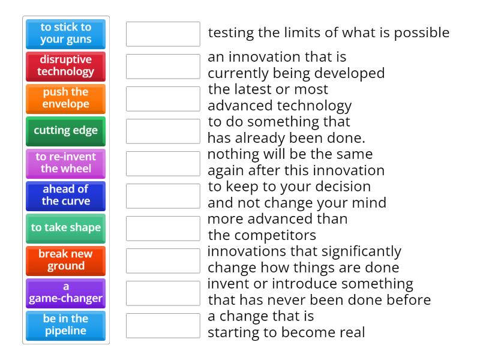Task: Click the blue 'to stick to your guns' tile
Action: (x=66, y=34)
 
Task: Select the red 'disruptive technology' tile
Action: (x=66, y=66)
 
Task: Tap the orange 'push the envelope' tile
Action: (x=66, y=98)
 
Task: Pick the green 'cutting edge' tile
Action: (x=66, y=131)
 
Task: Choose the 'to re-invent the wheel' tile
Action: (x=66, y=163)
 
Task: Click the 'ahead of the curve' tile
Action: (x=66, y=196)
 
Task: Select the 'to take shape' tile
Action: (x=66, y=228)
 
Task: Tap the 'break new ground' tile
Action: (x=66, y=260)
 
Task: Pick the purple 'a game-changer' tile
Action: (x=66, y=293)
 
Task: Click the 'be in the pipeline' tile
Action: (x=66, y=325)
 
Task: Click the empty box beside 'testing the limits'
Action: (x=163, y=34)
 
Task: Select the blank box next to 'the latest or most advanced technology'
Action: (x=163, y=98)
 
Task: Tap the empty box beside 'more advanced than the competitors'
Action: (x=163, y=228)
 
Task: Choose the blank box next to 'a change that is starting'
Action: (x=163, y=325)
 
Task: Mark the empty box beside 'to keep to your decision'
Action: (x=163, y=196)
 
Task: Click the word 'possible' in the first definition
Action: (x=423, y=32)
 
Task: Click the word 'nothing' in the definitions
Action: (x=231, y=154)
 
